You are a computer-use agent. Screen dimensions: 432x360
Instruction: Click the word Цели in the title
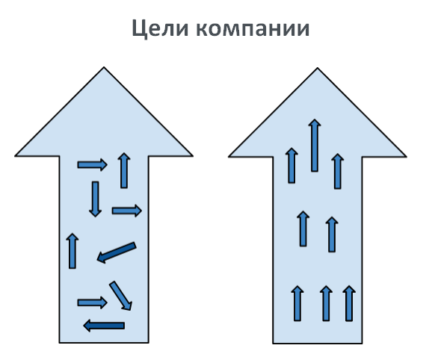[x=160, y=29]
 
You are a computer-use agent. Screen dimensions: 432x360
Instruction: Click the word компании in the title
[x=253, y=28]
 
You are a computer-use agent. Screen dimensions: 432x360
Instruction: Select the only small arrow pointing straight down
[x=96, y=199]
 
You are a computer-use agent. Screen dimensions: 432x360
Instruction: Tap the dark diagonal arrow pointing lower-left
[x=117, y=252]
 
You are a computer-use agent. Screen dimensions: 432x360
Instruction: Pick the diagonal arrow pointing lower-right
[x=120, y=296]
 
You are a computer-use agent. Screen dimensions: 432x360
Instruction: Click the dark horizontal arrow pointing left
[x=104, y=326]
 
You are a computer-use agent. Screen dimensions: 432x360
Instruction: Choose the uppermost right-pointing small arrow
[x=92, y=165]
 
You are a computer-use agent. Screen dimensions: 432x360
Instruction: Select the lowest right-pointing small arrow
[x=92, y=302]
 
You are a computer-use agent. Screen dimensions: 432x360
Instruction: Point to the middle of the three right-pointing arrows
[x=127, y=211]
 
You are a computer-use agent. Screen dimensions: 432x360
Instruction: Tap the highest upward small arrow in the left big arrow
[x=124, y=170]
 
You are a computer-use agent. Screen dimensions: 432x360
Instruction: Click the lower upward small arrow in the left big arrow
[x=72, y=251]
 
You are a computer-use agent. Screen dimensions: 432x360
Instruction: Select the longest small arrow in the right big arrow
[x=315, y=146]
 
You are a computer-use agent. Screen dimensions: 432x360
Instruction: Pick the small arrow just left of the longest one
[x=291, y=165]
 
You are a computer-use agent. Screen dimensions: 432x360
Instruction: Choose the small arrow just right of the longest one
[x=338, y=171]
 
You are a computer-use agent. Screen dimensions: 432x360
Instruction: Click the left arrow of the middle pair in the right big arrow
[x=303, y=229]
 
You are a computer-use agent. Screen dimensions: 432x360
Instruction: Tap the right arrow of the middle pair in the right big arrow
[x=332, y=235]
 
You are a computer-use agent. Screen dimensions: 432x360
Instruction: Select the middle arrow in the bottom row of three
[x=326, y=303]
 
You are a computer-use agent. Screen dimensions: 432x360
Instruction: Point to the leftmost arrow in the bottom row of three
[x=297, y=303]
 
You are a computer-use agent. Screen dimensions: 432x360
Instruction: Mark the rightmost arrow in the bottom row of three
[x=349, y=303]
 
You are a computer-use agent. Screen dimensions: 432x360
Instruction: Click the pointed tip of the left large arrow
[x=104, y=67]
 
